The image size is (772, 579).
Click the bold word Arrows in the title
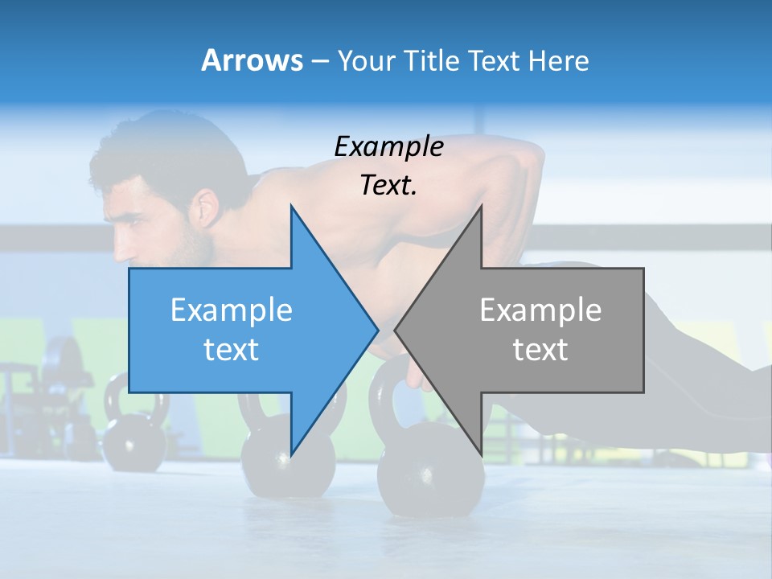tap(253, 60)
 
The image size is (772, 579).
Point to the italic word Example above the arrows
tap(388, 146)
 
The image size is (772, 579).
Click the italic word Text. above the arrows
tap(388, 185)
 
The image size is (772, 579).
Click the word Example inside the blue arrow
tap(232, 310)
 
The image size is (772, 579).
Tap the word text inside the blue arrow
tap(232, 350)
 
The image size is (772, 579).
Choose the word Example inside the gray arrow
tap(540, 310)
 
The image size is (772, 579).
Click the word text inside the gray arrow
tap(540, 350)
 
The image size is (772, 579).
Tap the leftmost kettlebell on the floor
tap(133, 434)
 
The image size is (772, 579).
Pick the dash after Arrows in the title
tap(318, 61)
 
